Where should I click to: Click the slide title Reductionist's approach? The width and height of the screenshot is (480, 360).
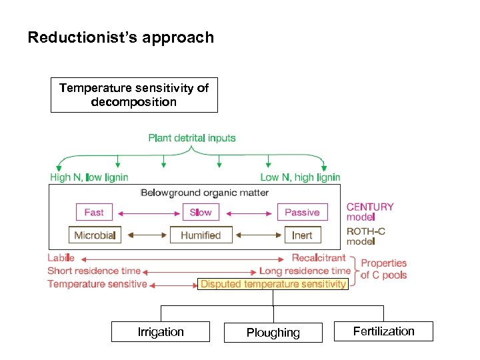click(x=121, y=37)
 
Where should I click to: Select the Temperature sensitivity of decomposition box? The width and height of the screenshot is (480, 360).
click(x=134, y=95)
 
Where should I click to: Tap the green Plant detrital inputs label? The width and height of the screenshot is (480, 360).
click(x=192, y=138)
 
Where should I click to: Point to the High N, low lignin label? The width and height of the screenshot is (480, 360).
click(x=89, y=177)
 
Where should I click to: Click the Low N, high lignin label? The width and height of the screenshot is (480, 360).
click(x=300, y=177)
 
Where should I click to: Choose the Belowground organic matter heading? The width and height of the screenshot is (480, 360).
click(x=205, y=193)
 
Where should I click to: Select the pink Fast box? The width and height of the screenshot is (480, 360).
click(x=94, y=212)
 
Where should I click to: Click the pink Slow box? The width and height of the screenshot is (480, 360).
click(x=201, y=212)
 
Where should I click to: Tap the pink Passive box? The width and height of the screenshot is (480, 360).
click(x=302, y=212)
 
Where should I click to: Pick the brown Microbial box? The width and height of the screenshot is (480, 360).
click(x=95, y=235)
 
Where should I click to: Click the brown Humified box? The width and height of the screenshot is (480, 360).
click(x=201, y=235)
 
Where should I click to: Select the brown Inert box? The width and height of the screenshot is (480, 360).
click(x=302, y=235)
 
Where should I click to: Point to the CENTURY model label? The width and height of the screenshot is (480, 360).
click(x=370, y=211)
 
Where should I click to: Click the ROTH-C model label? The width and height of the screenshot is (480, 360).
click(x=366, y=236)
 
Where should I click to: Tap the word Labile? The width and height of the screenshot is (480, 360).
click(x=61, y=258)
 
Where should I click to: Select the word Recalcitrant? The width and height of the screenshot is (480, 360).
click(x=319, y=258)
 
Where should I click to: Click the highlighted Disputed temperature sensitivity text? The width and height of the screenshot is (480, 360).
click(x=273, y=284)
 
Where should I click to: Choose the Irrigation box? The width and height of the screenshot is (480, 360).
click(x=161, y=332)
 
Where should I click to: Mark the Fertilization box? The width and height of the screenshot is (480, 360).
click(x=384, y=331)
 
